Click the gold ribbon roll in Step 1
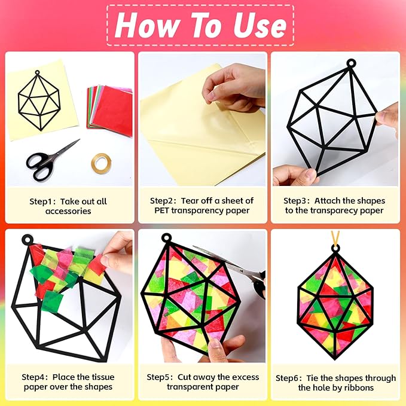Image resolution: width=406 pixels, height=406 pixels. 101,163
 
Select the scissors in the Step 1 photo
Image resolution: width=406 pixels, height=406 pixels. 51,161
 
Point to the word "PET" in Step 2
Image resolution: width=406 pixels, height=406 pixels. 161,210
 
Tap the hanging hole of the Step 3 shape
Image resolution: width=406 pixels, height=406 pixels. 351,63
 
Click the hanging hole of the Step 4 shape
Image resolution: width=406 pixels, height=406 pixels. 27,239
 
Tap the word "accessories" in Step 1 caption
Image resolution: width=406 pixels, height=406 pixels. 68,211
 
